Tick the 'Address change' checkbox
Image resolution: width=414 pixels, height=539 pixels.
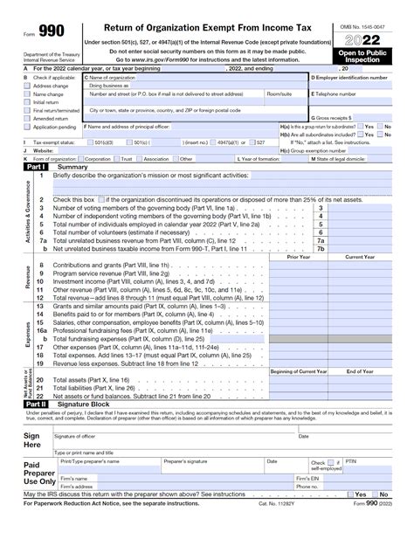[x=27, y=86]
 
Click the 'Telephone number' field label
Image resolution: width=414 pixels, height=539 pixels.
[x=335, y=93]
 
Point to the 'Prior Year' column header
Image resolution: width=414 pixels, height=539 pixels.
[x=299, y=257]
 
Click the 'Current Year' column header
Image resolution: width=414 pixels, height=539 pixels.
[x=360, y=257]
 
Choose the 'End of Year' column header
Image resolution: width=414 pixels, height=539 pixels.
[x=360, y=372]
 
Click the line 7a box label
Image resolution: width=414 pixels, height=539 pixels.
[x=321, y=241]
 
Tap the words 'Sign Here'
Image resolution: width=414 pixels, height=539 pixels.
[x=31, y=439]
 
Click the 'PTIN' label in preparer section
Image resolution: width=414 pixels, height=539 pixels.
[x=351, y=461]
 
